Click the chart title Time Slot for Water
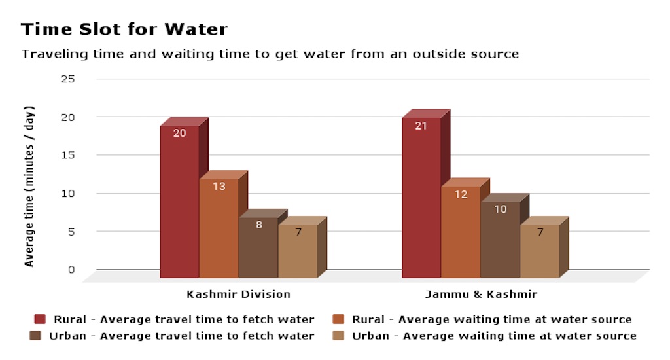(x=124, y=29)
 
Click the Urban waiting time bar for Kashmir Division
(x=298, y=251)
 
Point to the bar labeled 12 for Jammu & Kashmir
(x=460, y=232)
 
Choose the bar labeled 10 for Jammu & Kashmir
(x=500, y=240)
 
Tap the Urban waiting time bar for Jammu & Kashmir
(x=539, y=251)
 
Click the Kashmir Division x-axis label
(x=238, y=294)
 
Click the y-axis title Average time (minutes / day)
(x=29, y=187)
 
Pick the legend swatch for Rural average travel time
(x=41, y=319)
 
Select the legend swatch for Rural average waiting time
(x=339, y=319)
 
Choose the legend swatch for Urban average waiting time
(x=339, y=336)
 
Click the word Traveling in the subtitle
(x=50, y=54)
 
